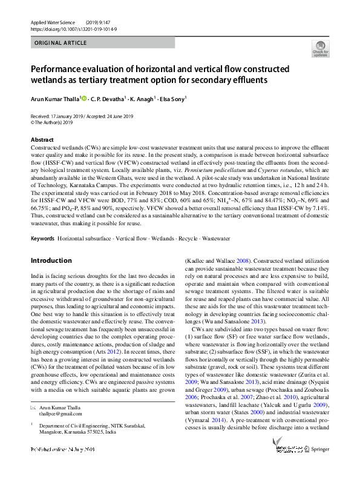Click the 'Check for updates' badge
pyautogui.click(x=320, y=49)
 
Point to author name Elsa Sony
pyautogui.click(x=172, y=98)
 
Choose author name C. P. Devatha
pyautogui.click(x=108, y=98)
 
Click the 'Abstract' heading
pyautogui.click(x=41, y=140)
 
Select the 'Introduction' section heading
pyautogui.click(x=51, y=260)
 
